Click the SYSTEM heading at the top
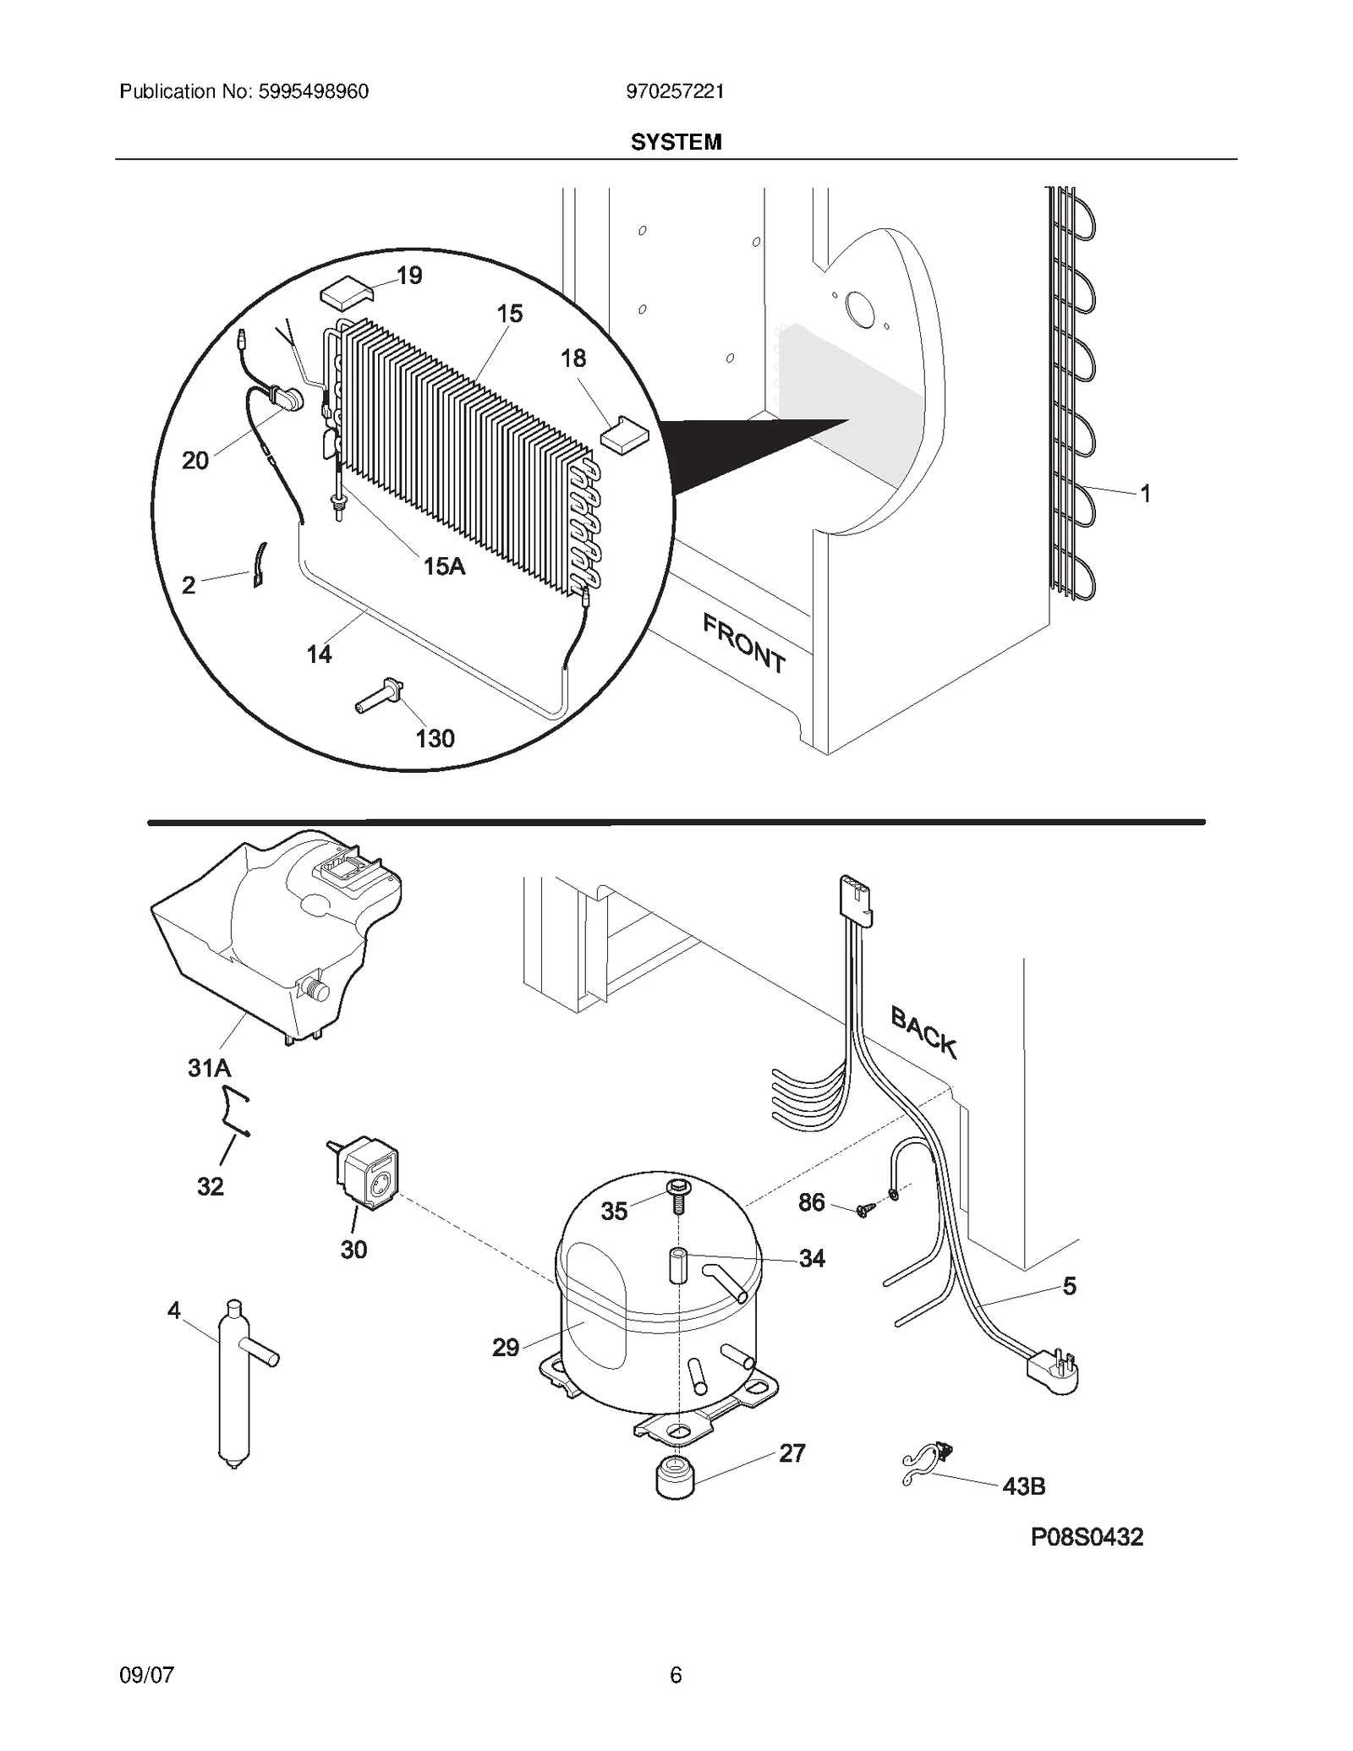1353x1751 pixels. coord(676,142)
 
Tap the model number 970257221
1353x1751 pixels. coord(675,91)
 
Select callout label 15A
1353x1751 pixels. coord(444,566)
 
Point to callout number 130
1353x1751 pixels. coord(435,739)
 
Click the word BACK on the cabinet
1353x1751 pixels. coord(923,1032)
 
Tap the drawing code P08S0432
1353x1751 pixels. coord(1087,1537)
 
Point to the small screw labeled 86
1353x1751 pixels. coord(863,1211)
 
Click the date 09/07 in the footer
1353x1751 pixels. coord(147,1674)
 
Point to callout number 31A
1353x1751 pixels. coord(209,1069)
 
